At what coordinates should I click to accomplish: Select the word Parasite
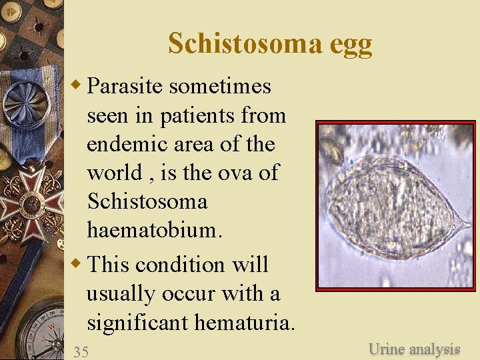tap(126, 86)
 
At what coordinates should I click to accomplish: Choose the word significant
tap(138, 323)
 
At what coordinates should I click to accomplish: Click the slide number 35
tap(81, 352)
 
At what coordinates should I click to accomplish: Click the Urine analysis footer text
tap(414, 349)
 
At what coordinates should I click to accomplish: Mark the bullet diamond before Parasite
tap(77, 85)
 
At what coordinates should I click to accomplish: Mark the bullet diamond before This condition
tap(77, 263)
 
